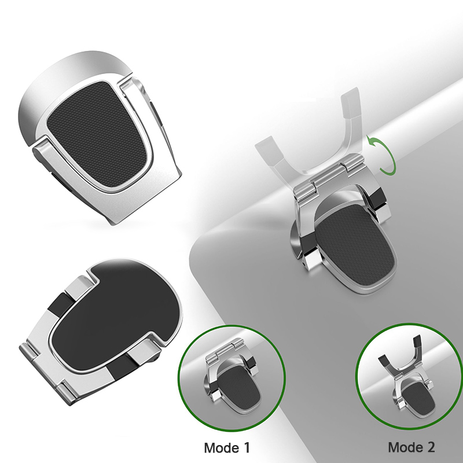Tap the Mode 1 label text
pyautogui.click(x=227, y=447)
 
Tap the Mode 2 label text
pyautogui.click(x=411, y=447)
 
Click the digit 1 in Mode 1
pyautogui.click(x=245, y=447)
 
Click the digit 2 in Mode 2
pyautogui.click(x=430, y=447)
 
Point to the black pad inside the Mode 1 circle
pyautogui.click(x=238, y=383)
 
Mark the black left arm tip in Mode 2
pyautogui.click(x=384, y=360)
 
